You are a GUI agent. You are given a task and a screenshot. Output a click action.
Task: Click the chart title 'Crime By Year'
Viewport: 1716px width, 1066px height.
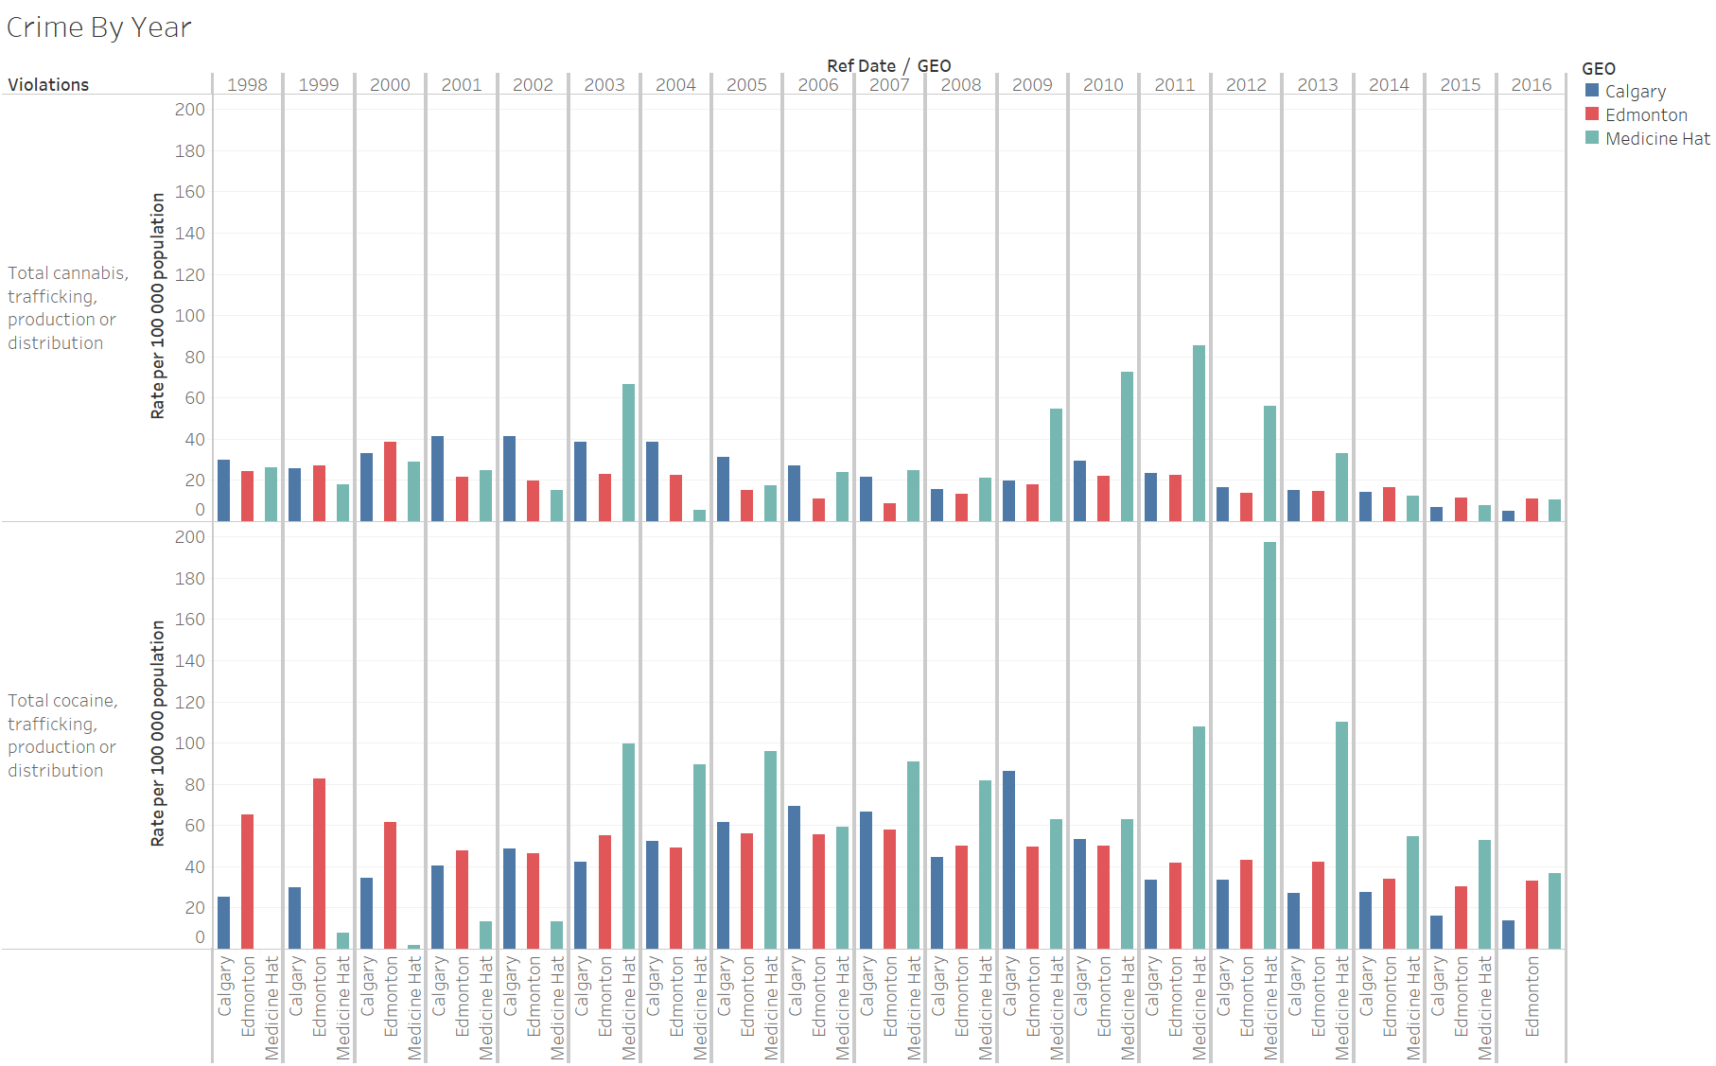point(99,27)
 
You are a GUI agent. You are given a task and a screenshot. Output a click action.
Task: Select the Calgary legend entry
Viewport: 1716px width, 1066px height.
point(1635,92)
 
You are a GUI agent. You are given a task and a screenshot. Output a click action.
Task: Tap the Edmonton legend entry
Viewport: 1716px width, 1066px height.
point(1645,115)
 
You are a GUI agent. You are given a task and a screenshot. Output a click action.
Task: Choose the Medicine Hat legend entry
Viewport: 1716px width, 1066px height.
point(1656,139)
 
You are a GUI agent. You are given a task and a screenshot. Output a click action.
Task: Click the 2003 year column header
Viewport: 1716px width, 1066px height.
point(604,85)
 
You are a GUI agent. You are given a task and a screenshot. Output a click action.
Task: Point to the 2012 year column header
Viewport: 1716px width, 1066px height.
point(1246,85)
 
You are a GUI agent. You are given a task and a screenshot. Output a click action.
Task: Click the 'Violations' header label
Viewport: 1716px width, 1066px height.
point(48,85)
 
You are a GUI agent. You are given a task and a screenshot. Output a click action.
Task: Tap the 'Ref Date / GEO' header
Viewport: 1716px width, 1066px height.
point(888,66)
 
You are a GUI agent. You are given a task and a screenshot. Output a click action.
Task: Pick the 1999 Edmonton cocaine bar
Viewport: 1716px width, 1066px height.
point(319,863)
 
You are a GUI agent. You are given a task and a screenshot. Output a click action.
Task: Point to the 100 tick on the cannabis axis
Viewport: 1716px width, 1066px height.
point(189,316)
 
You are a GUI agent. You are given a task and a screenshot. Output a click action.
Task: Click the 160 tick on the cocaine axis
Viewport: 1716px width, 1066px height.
point(189,620)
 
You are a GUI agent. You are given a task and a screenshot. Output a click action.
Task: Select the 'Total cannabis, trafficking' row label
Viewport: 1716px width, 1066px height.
point(66,308)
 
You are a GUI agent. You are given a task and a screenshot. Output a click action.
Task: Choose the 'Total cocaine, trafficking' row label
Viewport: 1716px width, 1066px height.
point(62,736)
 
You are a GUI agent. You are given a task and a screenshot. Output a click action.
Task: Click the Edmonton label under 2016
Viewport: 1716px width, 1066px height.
point(1532,996)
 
